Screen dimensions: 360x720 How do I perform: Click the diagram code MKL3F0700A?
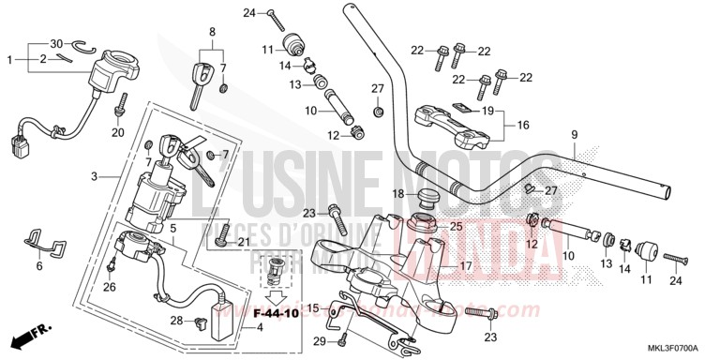(673, 347)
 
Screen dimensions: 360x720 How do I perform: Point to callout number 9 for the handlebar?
(574, 135)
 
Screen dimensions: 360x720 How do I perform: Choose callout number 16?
(523, 124)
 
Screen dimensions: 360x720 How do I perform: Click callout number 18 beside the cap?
(397, 194)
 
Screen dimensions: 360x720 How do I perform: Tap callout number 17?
(465, 265)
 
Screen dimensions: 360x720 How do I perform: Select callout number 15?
(313, 307)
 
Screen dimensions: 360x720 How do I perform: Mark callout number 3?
(94, 176)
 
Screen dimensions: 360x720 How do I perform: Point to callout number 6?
(39, 266)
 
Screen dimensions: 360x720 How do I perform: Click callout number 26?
(111, 287)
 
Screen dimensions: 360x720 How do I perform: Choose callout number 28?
(175, 322)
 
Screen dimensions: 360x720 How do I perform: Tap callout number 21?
(244, 244)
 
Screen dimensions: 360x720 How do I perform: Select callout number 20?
(118, 132)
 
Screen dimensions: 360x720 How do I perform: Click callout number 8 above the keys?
(212, 31)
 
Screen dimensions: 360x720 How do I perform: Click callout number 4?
(233, 326)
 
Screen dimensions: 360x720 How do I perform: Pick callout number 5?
(172, 229)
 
